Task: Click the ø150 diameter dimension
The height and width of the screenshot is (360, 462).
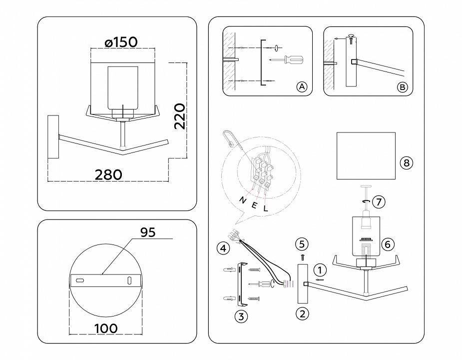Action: coord(121,42)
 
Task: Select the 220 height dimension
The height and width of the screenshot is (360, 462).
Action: coord(180,116)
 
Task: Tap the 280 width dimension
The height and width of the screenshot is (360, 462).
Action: coord(108,174)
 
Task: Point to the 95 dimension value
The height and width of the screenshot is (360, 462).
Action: coord(148,232)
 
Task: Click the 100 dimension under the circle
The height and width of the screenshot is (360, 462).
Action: coord(105,328)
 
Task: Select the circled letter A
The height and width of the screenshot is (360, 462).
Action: coord(301,86)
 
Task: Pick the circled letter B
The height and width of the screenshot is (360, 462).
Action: coord(402,86)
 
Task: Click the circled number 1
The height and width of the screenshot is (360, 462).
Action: coord(321,270)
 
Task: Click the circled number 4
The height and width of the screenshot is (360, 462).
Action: coord(223,247)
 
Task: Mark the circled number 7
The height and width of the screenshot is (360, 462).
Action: coord(379,202)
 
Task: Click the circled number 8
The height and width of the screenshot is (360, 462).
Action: coord(406,162)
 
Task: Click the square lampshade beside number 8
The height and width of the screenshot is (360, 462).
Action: coord(366,155)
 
